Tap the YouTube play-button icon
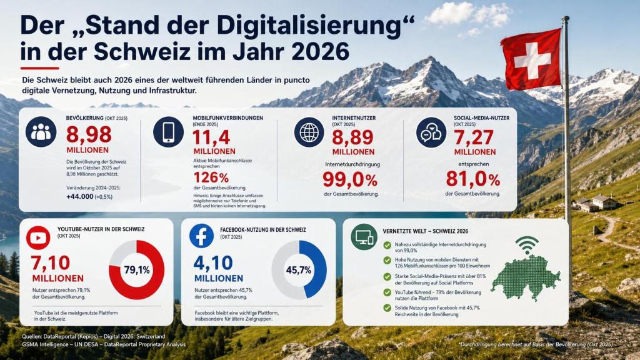(x=38, y=237)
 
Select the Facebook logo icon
(x=201, y=236)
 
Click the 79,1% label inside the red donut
(x=137, y=270)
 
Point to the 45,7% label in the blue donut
(x=298, y=270)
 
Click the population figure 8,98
(x=89, y=135)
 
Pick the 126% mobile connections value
(x=211, y=178)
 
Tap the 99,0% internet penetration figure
(x=350, y=179)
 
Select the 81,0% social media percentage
(x=472, y=178)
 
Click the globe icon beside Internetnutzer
(x=309, y=132)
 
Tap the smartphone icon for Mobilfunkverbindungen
(x=169, y=132)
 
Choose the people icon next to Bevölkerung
(x=41, y=132)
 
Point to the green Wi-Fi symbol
(x=526, y=244)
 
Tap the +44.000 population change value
(x=79, y=197)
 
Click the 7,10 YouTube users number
(x=50, y=263)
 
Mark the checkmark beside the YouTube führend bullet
(x=387, y=292)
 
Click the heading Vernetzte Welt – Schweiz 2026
(x=425, y=231)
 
